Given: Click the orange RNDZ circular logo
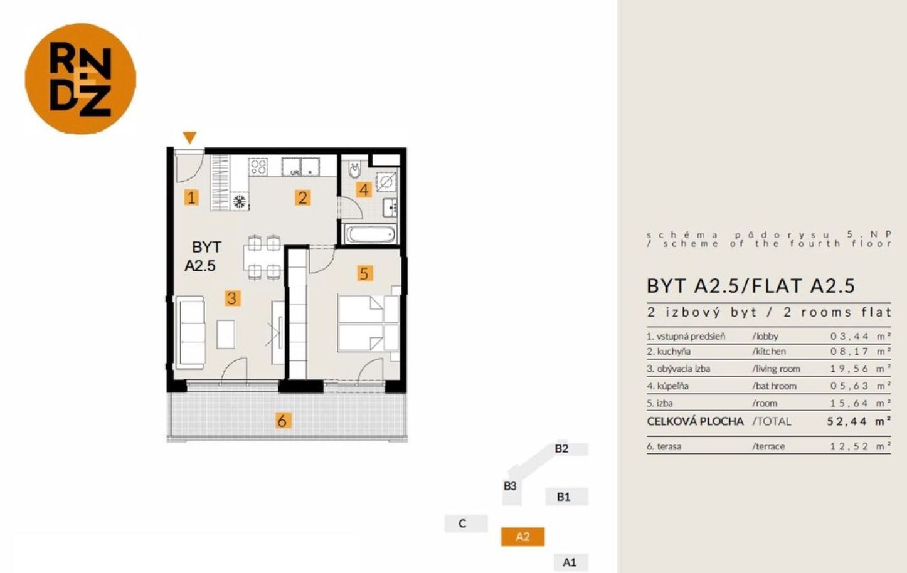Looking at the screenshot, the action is click(80, 78).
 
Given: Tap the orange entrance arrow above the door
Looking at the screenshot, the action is click(189, 137).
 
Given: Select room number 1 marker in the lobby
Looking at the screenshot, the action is click(191, 197).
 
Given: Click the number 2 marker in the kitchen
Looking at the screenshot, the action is click(302, 198).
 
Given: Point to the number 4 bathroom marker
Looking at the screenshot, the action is click(364, 189).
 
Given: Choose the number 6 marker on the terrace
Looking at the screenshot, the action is click(282, 421).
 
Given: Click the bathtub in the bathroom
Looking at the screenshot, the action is click(370, 234).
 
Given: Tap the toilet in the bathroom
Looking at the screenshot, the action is click(354, 170).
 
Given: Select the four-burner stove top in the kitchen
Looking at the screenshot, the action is click(258, 166).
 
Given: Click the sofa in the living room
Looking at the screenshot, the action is click(189, 333).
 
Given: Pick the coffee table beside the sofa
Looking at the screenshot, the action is click(226, 334).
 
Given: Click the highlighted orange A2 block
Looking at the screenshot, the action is click(522, 537).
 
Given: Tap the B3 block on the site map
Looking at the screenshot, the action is click(511, 486).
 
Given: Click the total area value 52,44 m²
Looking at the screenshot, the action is click(859, 421).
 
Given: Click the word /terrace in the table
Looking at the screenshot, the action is click(768, 446).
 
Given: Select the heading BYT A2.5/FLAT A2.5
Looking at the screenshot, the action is click(751, 286).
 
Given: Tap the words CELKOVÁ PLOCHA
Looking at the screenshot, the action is click(695, 421).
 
